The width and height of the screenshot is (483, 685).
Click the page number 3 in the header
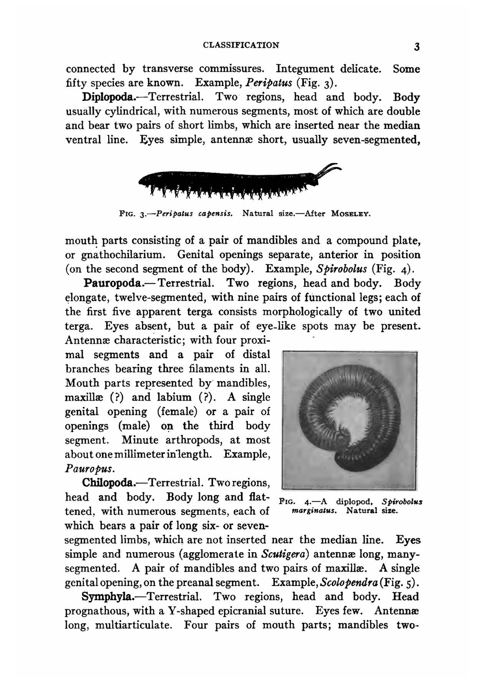pyautogui.click(x=416, y=47)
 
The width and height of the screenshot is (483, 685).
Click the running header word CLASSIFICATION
pyautogui.click(x=241, y=45)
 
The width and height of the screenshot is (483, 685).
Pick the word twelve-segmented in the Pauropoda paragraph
pyautogui.click(x=147, y=297)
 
